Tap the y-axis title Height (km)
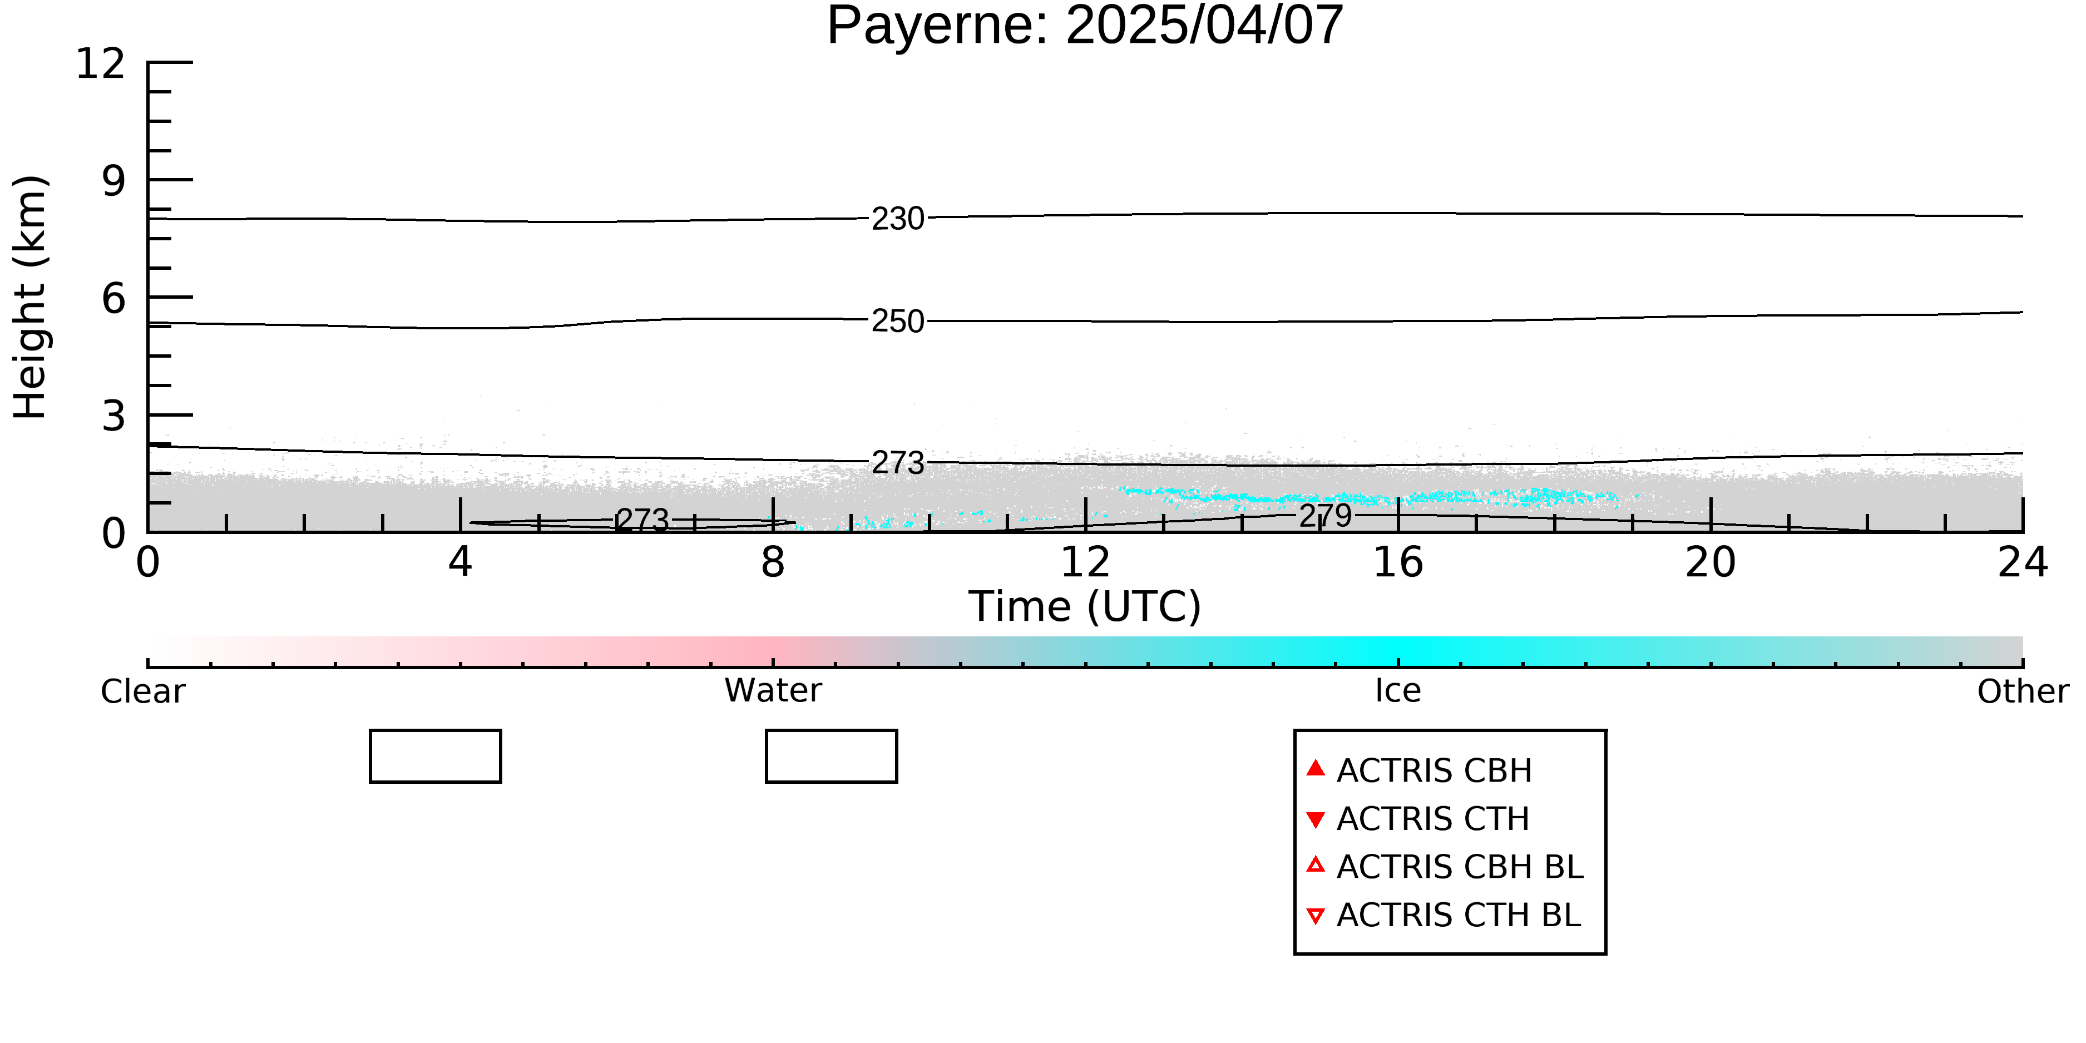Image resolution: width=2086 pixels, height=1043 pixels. pos(31,297)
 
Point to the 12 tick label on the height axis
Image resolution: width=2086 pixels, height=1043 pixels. pos(101,63)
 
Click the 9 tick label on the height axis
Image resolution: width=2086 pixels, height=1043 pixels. pos(114,181)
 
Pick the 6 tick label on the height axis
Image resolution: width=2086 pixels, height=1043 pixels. pos(114,298)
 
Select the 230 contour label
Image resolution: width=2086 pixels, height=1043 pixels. pos(898,219)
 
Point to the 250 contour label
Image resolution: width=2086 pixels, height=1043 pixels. pos(898,322)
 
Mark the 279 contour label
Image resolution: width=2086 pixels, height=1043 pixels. pos(1326,516)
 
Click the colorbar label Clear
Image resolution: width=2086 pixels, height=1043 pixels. pos(142,691)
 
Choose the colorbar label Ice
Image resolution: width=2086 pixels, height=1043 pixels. pos(1398,691)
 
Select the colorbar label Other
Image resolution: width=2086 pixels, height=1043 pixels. pos(2023,691)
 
